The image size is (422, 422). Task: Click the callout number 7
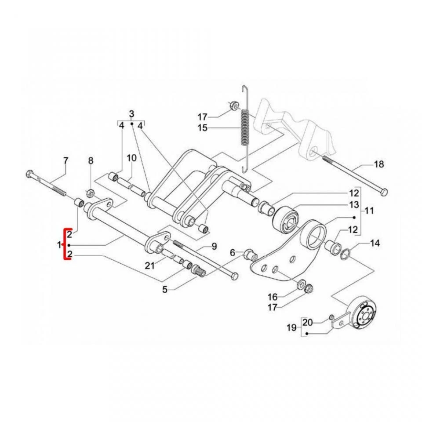pyautogui.click(x=65, y=160)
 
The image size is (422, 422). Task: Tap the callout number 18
pyautogui.click(x=378, y=164)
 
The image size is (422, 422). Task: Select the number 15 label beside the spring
pyautogui.click(x=202, y=128)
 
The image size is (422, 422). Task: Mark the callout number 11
pyautogui.click(x=369, y=211)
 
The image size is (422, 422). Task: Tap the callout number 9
pyautogui.click(x=214, y=247)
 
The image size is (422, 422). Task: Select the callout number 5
pyautogui.click(x=165, y=289)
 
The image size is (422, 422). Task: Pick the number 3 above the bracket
pyautogui.click(x=131, y=114)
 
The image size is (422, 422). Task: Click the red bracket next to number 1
pyautogui.click(x=65, y=244)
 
